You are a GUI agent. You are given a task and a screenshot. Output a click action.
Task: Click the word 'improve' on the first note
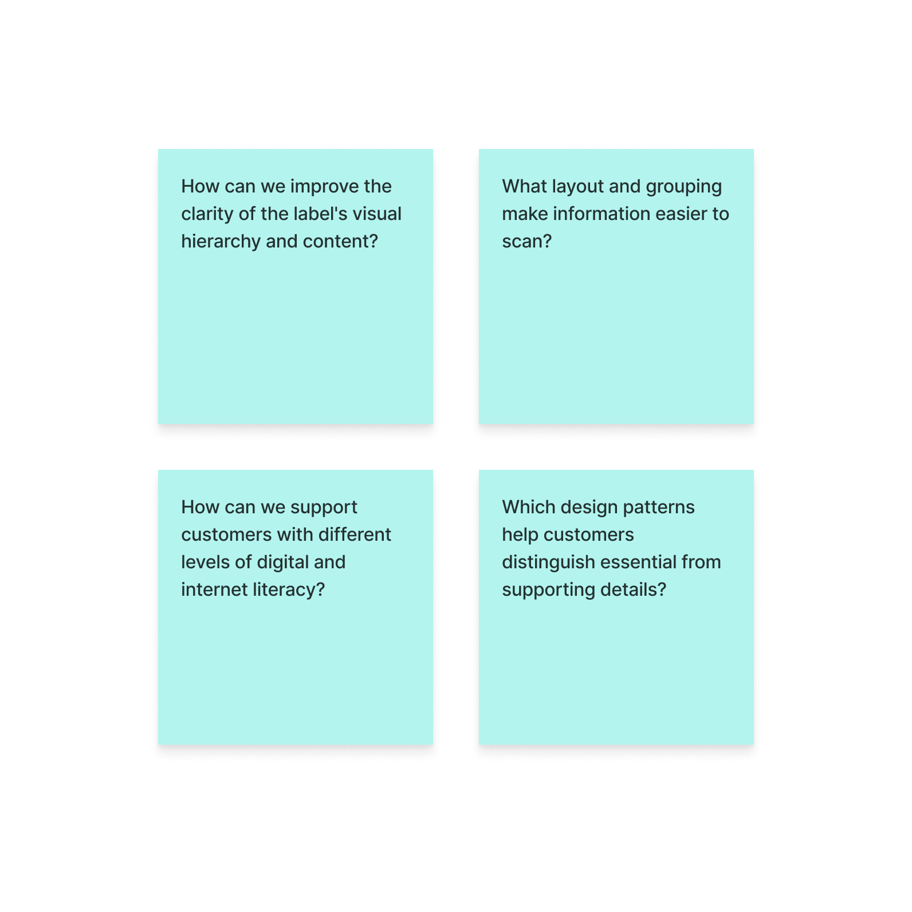(x=324, y=187)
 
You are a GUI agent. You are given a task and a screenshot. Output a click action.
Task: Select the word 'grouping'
(x=684, y=187)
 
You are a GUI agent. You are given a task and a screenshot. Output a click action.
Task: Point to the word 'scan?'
(x=527, y=241)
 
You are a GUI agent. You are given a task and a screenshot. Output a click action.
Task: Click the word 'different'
(x=355, y=534)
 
